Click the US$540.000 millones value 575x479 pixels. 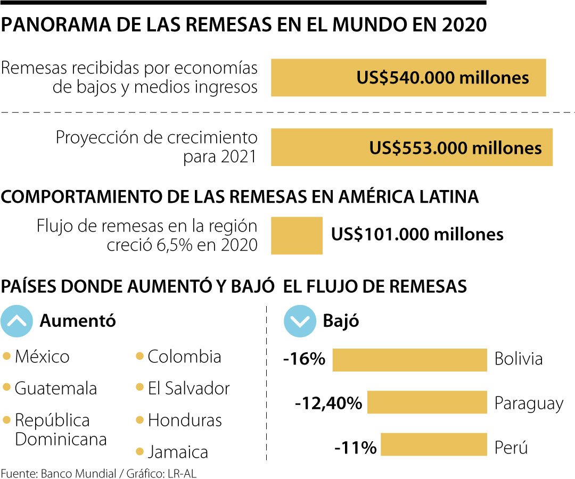442,78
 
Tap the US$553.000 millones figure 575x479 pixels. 455,147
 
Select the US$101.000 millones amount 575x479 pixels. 417,234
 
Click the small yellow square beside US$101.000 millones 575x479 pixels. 297,235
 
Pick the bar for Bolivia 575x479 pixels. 409,360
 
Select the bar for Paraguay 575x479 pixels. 427,402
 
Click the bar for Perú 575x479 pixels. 433,444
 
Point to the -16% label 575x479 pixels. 305,359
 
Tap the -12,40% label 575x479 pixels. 328,403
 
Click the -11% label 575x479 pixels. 355,447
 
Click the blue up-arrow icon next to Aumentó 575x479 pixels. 18,321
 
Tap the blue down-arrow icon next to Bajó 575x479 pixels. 300,321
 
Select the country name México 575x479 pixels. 42,356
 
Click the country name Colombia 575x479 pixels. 184,356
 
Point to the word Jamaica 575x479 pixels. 178,452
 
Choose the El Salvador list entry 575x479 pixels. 188,388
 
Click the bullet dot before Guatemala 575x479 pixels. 6,387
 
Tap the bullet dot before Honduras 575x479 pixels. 139,420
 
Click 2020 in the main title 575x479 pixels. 464,25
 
